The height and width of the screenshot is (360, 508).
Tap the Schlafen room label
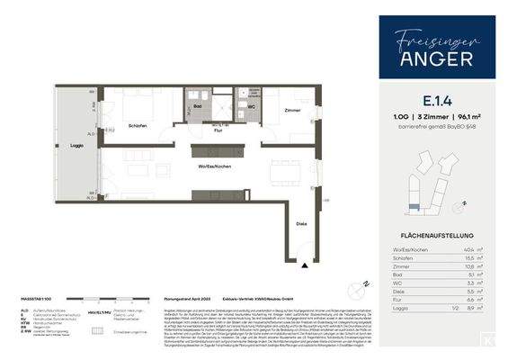[138, 125]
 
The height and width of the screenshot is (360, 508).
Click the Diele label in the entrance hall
[300, 225]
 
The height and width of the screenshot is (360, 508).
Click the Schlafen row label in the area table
[403, 258]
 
